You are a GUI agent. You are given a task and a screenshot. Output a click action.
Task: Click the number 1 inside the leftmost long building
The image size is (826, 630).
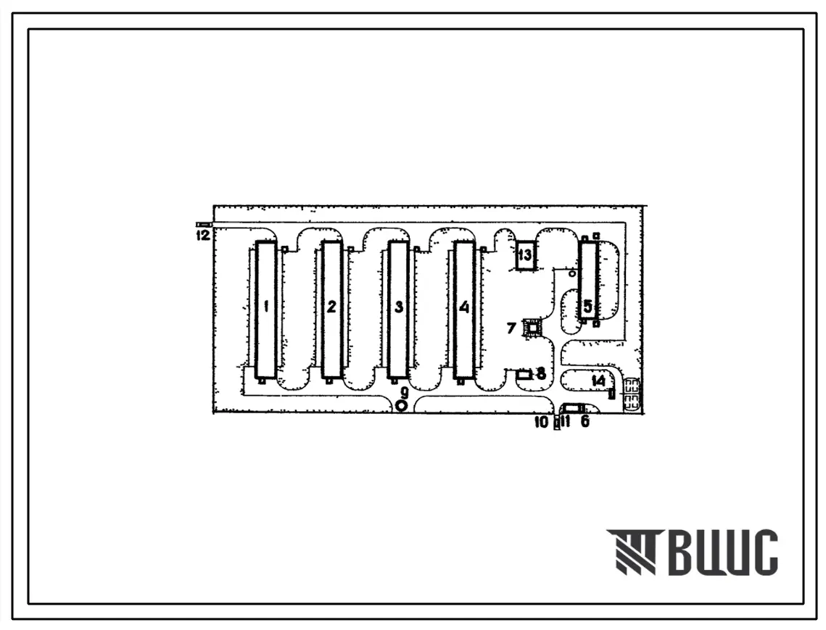[267, 306]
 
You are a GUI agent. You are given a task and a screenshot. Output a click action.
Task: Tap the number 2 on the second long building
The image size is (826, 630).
[331, 306]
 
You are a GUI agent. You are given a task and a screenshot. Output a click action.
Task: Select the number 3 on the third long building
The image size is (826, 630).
[399, 306]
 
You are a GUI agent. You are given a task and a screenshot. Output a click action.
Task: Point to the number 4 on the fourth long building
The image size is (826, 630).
[463, 306]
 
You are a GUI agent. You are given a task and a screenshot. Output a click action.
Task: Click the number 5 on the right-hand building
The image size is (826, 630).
[587, 306]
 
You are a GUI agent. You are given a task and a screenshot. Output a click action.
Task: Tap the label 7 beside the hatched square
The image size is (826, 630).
[511, 328]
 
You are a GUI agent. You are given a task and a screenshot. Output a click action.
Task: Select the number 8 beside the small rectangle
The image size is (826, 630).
[540, 374]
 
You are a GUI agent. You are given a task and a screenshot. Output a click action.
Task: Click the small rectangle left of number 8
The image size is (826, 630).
[524, 375]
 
